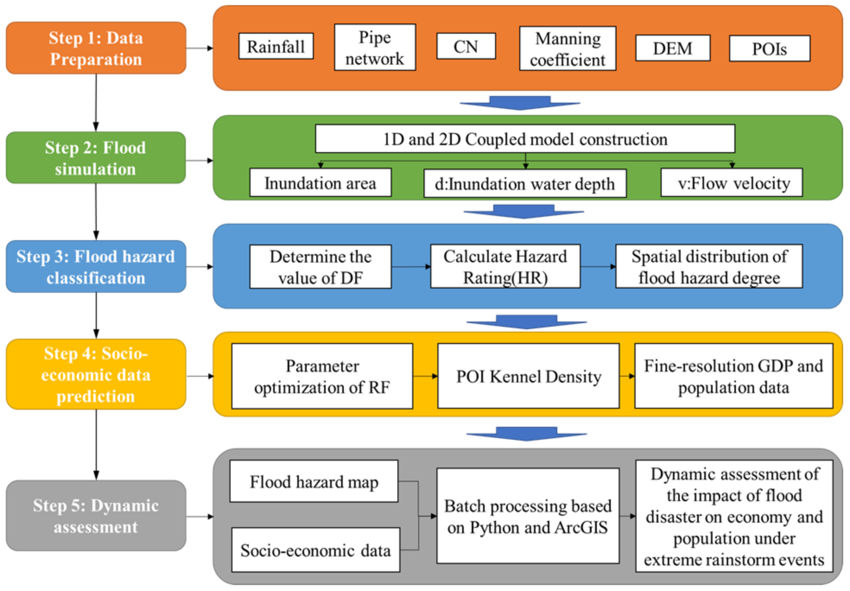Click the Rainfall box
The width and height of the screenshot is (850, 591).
tap(276, 46)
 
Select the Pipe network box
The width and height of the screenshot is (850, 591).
tap(374, 48)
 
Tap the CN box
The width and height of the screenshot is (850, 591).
tap(466, 46)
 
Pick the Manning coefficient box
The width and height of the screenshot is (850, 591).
tap(567, 48)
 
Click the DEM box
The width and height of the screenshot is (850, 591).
tap(672, 48)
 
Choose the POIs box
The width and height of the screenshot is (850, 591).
tap(769, 48)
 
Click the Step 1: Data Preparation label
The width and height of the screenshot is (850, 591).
tap(96, 48)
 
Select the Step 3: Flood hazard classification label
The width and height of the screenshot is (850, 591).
tap(96, 267)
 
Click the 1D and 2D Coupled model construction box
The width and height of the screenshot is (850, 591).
tap(525, 139)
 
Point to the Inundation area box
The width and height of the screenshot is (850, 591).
tap(320, 183)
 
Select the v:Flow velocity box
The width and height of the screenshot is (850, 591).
tap(731, 183)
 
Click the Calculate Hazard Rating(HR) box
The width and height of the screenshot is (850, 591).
tap(505, 266)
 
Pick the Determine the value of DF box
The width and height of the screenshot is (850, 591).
tap(320, 267)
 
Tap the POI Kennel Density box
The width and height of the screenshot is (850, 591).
tap(528, 376)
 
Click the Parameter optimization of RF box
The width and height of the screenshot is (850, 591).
tap(322, 376)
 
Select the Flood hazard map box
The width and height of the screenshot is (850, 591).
tap(314, 481)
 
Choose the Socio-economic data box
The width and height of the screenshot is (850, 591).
tap(315, 550)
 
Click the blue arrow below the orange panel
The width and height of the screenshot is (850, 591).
tap(520, 103)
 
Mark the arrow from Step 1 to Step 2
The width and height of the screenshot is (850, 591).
tap(96, 103)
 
